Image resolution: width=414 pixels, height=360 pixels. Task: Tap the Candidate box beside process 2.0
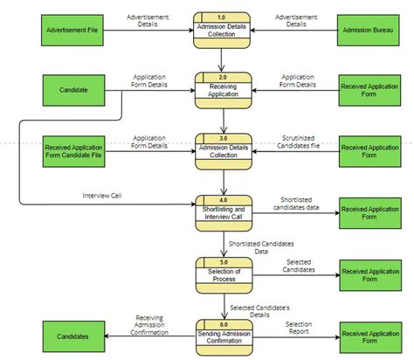pyautogui.click(x=72, y=91)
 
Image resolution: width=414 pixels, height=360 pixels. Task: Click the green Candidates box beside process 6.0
pyautogui.click(x=72, y=336)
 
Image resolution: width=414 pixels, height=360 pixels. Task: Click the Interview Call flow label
pyautogui.click(x=102, y=195)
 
